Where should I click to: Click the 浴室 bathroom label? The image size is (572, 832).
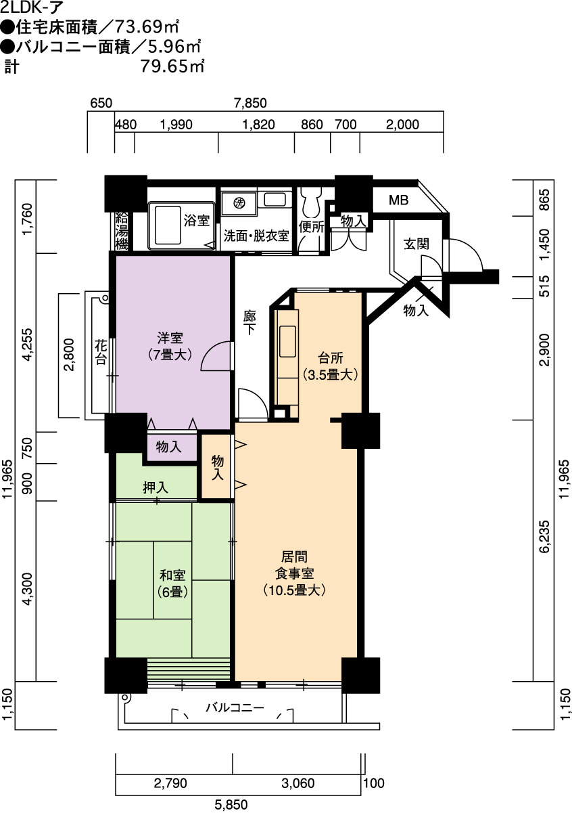click(197, 220)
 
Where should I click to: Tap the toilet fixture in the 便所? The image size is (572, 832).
click(311, 203)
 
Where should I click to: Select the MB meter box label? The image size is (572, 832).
click(398, 200)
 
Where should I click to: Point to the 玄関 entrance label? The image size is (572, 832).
click(416, 244)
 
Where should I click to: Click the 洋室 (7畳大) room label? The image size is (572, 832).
click(170, 346)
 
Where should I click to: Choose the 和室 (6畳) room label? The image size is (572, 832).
click(172, 583)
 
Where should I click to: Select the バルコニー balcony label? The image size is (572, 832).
click(235, 707)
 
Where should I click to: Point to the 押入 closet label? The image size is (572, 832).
click(156, 487)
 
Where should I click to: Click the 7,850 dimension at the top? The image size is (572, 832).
click(250, 103)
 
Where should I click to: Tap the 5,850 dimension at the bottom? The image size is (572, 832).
click(231, 804)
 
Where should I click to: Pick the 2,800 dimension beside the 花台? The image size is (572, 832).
click(69, 355)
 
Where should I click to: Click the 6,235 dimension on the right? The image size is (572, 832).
click(544, 537)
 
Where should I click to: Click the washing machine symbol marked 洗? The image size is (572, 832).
click(239, 203)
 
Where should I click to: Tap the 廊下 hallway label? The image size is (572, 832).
click(249, 322)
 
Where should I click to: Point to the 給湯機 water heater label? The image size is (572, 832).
click(121, 232)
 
